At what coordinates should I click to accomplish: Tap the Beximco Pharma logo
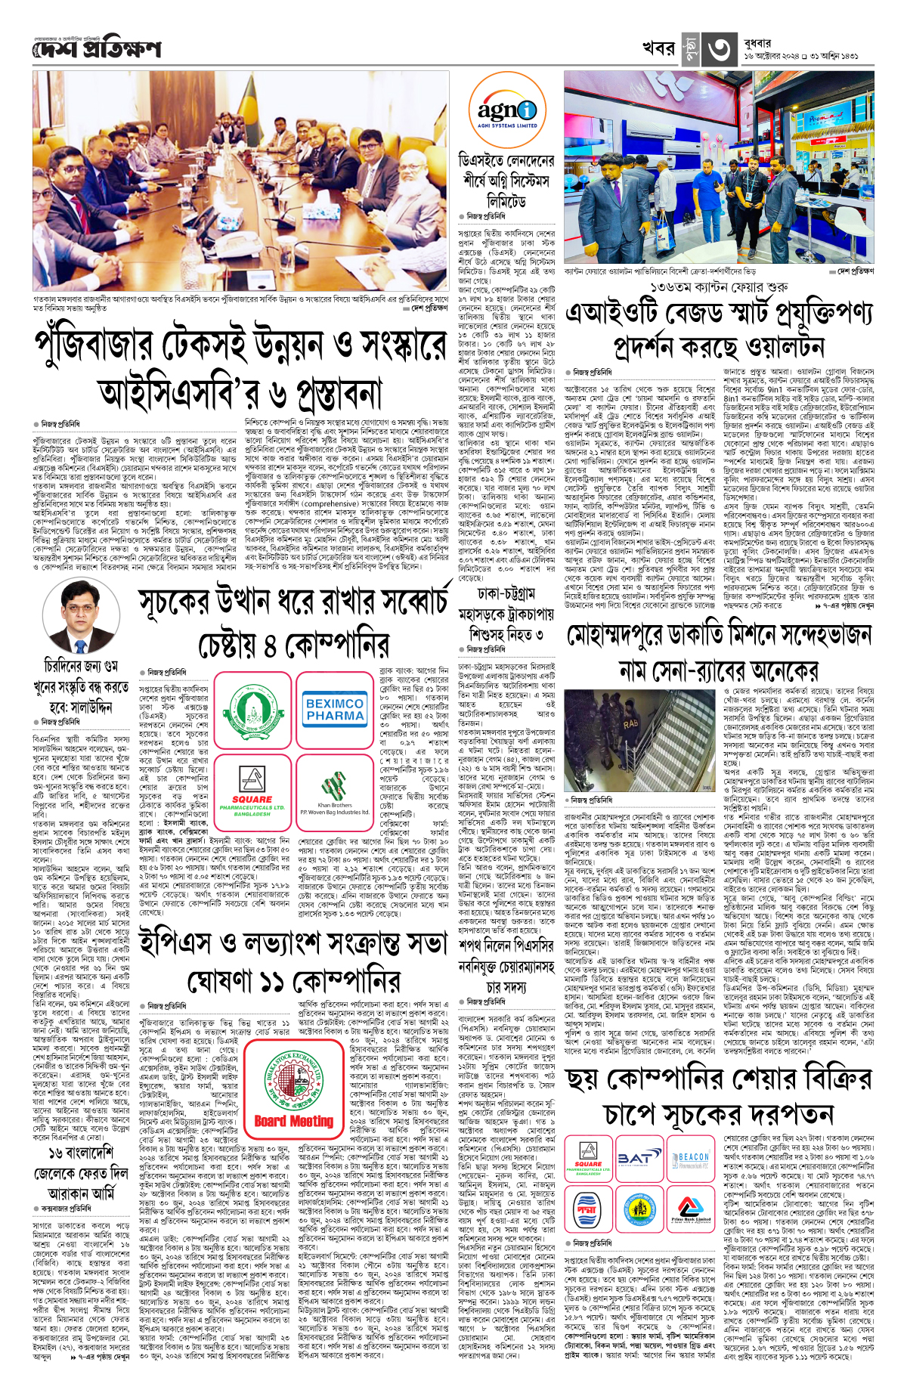point(335,709)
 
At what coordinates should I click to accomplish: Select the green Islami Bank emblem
point(252,709)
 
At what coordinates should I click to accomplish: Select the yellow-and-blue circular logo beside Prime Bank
point(639,1210)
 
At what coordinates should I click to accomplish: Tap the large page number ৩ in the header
point(716,48)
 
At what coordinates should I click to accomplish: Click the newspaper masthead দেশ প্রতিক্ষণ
point(97,50)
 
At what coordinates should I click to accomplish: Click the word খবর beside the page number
point(658,48)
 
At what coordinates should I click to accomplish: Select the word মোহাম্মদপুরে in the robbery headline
point(642,636)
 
